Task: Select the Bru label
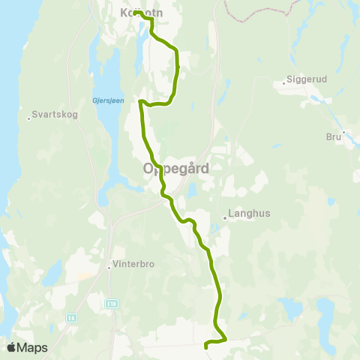333,137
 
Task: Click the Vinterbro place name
135,264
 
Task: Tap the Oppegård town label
175,169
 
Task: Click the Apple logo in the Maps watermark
11,347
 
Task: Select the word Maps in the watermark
32,348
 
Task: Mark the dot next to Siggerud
284,82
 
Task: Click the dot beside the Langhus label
225,219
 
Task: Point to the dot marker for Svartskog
28,117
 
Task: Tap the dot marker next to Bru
343,133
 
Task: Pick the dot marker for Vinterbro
109,265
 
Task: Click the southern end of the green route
206,346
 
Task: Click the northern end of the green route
136,12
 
